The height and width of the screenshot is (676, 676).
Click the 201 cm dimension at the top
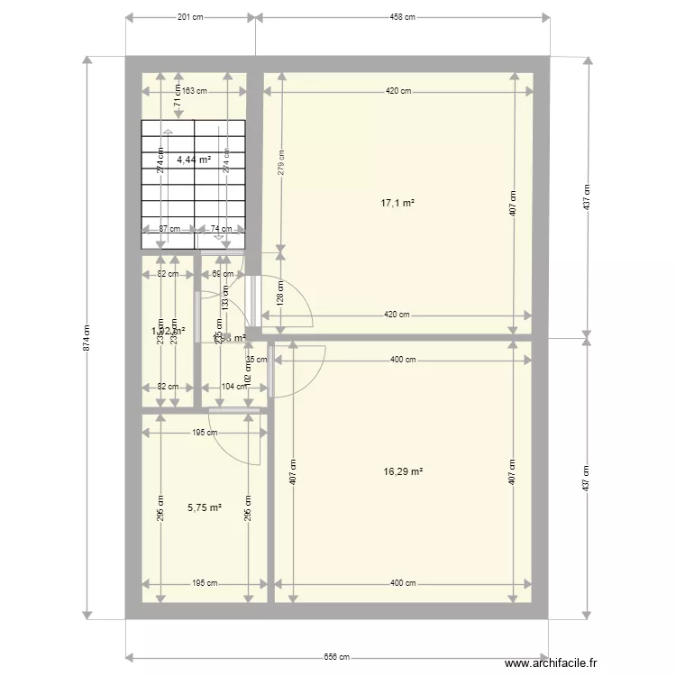[190, 17]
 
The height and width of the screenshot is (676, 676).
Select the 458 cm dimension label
[402, 17]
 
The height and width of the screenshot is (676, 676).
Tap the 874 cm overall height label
[87, 337]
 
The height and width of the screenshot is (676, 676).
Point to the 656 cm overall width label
[336, 657]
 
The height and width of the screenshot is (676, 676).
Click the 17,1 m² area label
[397, 204]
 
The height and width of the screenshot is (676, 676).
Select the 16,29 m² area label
[403, 471]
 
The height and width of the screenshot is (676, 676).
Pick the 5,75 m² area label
[205, 507]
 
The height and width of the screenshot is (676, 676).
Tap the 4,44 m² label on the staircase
[194, 160]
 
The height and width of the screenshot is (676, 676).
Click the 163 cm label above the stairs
[193, 90]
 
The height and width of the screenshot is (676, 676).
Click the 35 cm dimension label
[256, 360]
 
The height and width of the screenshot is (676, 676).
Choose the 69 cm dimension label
[222, 274]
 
